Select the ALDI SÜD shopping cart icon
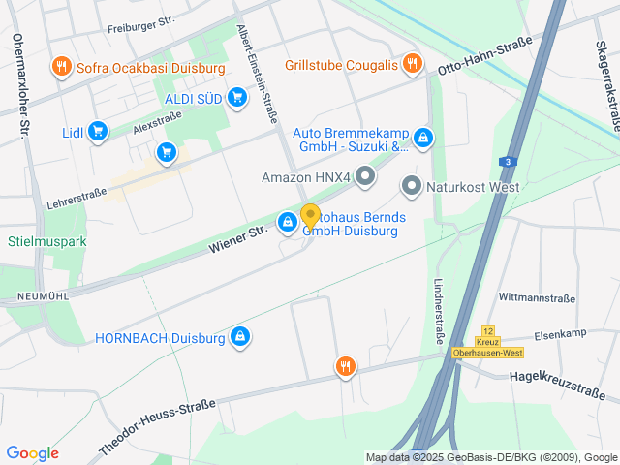click(237, 97)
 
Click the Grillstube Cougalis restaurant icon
click(413, 64)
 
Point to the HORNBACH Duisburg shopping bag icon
click(240, 337)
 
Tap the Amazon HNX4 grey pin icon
click(365, 176)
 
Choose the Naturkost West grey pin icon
click(411, 186)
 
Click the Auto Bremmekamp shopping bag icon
click(423, 139)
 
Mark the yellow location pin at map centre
click(310, 216)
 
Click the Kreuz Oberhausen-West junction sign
click(487, 346)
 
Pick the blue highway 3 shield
click(507, 162)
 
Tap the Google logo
click(32, 453)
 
